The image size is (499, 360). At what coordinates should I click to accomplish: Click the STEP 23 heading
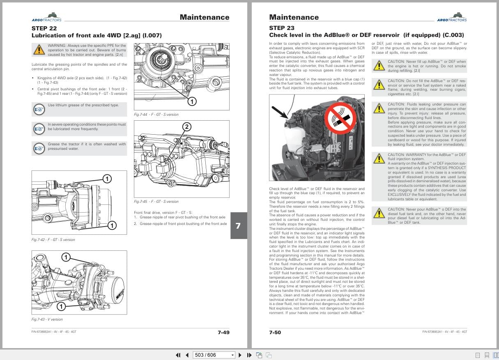(281, 28)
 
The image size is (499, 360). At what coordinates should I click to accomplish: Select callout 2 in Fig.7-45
(186, 127)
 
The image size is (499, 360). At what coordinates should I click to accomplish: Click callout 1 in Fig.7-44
(192, 101)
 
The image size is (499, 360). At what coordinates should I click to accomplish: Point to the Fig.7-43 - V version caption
(47, 319)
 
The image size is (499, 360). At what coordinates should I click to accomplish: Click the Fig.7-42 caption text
(53, 240)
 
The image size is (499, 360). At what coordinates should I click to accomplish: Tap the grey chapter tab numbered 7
(238, 226)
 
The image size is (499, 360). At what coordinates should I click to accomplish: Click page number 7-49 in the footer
(223, 332)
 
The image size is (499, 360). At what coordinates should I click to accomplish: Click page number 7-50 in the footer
(275, 332)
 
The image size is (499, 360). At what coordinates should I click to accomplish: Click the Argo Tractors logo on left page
(46, 17)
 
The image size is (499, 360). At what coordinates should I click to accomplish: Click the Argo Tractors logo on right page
(452, 17)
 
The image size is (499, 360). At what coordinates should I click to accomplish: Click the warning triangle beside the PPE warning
(39, 50)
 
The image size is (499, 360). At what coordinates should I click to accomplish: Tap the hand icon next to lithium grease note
(39, 110)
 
